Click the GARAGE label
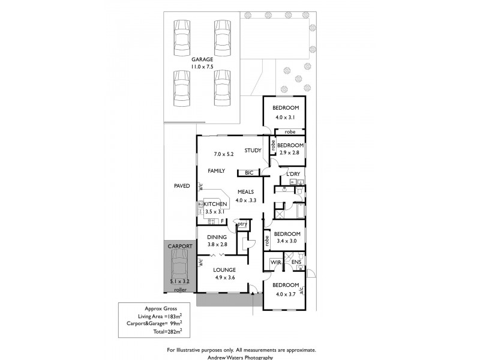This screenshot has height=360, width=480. [202, 59]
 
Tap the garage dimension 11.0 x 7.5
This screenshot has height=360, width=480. [202, 67]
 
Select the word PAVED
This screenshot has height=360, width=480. [182, 186]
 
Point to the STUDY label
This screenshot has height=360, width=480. [253, 151]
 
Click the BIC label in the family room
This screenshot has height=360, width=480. [249, 173]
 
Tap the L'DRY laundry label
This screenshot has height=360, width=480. [293, 174]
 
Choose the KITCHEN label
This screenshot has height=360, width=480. [215, 204]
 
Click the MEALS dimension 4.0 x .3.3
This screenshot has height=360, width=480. [246, 200]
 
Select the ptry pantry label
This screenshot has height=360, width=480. [242, 224]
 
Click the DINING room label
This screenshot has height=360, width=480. [217, 237]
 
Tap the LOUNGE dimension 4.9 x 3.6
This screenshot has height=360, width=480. [224, 278]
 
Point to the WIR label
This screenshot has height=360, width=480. [276, 262]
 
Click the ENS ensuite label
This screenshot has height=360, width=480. [296, 262]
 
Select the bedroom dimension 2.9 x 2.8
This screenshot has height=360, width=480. [289, 152]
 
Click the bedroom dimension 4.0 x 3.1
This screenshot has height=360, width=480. [285, 117]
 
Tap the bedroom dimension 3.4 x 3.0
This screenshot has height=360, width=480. [287, 241]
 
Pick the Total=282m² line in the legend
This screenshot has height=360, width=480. [168, 331]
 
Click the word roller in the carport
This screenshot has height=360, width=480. [181, 290]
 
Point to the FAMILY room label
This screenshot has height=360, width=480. [217, 171]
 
